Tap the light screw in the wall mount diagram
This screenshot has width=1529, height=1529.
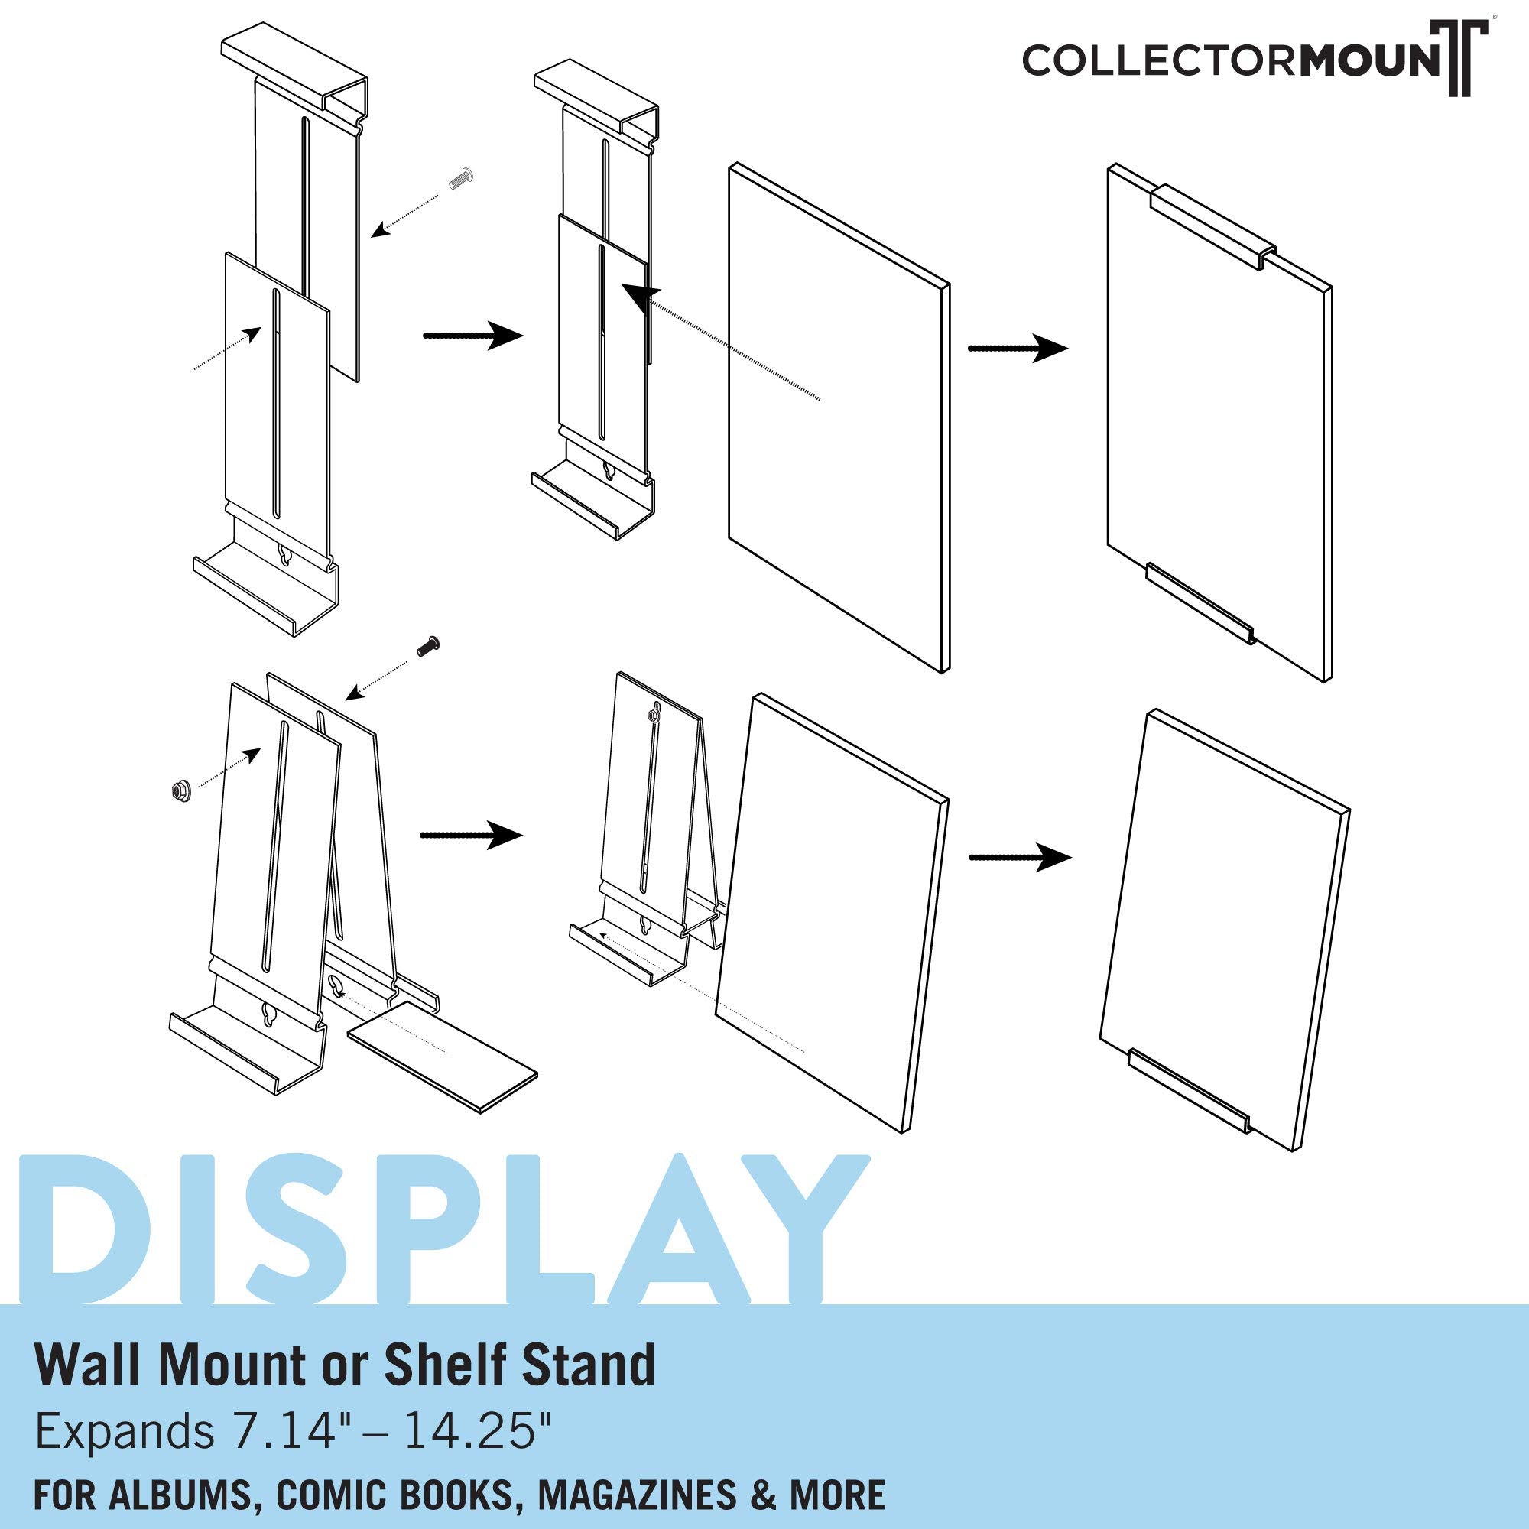click(x=459, y=180)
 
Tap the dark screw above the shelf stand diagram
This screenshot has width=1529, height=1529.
click(x=427, y=649)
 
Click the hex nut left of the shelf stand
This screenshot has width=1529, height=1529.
click(x=180, y=788)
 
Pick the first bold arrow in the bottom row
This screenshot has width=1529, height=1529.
click(x=472, y=835)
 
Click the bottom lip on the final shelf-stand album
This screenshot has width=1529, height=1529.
click(x=1187, y=1089)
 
